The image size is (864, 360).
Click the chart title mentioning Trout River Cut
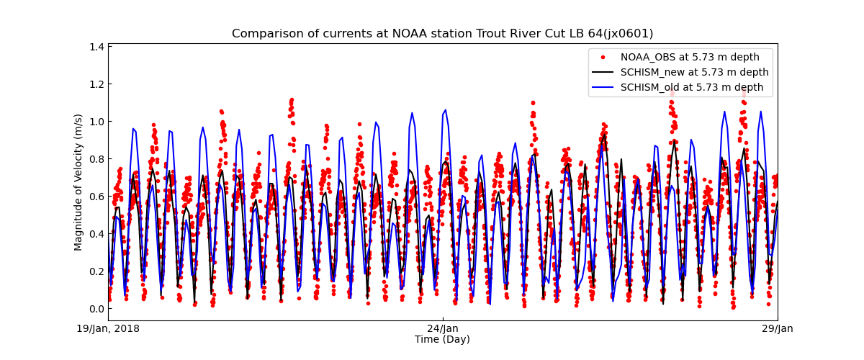[x=442, y=34]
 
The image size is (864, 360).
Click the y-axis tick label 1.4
[x=95, y=47]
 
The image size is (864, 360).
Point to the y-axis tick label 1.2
[x=95, y=84]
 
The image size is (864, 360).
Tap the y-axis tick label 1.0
[x=95, y=122]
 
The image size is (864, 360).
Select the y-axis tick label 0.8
[x=95, y=159]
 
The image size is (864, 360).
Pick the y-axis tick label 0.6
[x=95, y=197]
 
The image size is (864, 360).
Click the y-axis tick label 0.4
[x=95, y=234]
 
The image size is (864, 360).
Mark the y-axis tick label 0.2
[x=95, y=271]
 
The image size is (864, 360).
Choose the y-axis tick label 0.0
[x=95, y=309]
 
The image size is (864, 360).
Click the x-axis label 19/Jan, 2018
[x=109, y=329]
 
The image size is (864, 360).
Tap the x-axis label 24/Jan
[x=443, y=329]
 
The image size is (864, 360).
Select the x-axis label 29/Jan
[x=777, y=329]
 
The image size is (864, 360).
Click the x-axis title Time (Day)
[x=442, y=340]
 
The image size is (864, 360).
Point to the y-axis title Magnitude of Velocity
[x=78, y=182]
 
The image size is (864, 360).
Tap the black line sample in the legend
[x=603, y=73]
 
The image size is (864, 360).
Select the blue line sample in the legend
[x=603, y=88]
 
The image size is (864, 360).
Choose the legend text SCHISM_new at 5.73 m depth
[x=694, y=73]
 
